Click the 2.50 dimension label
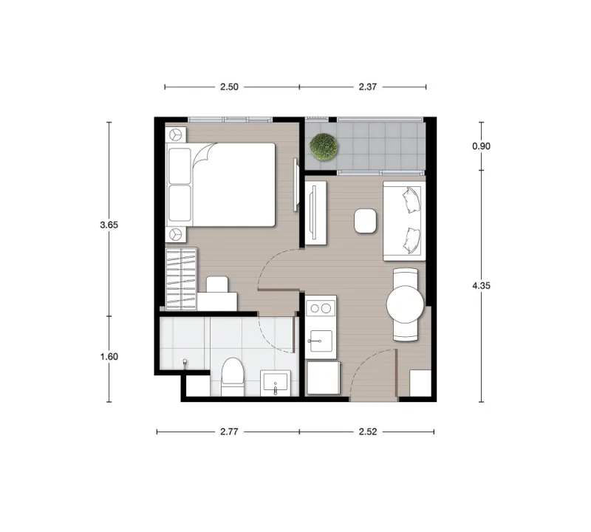(229, 87)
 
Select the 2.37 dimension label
(367, 87)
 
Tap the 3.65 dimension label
(109, 225)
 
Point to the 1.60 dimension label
(109, 357)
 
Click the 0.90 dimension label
(482, 146)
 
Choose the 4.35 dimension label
(482, 286)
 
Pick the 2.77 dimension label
(229, 432)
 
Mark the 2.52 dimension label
(367, 432)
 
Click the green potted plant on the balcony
(324, 148)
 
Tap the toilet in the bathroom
(233, 377)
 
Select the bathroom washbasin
(276, 382)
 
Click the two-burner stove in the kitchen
(321, 308)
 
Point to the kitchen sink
(321, 341)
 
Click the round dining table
(405, 304)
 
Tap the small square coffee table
(365, 221)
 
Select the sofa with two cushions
(404, 221)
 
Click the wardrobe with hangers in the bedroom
(181, 279)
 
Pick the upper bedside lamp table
(176, 134)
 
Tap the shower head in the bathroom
(185, 363)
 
